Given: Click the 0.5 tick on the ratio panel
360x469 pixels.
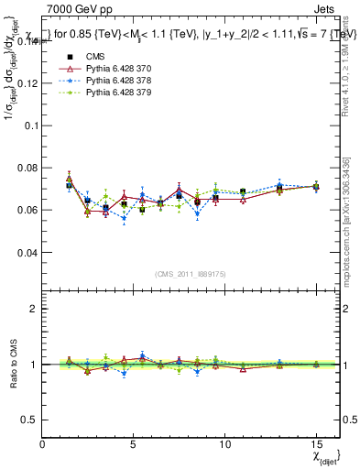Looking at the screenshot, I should pos(28,420).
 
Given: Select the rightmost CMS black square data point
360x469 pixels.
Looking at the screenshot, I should pos(316,187).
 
